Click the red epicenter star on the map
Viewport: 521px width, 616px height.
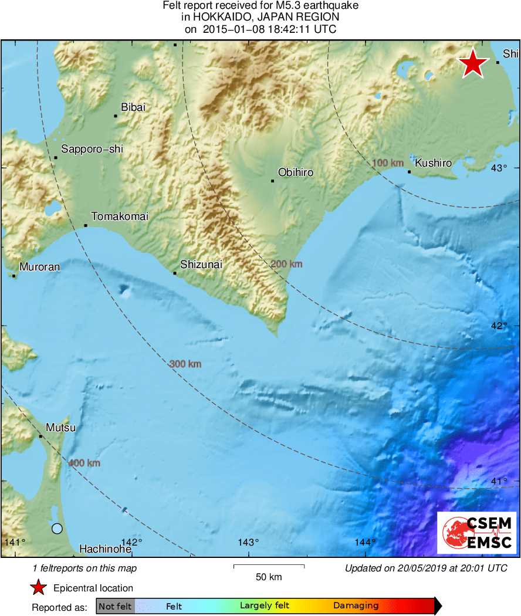tap(472, 64)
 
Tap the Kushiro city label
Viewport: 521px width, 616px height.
tap(433, 163)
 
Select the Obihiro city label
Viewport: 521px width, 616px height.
tap(295, 172)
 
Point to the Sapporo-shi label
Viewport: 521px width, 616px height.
tap(92, 150)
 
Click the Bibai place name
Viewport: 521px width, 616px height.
tap(133, 107)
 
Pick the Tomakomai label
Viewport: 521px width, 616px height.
tap(120, 216)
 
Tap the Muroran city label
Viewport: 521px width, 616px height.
tap(40, 267)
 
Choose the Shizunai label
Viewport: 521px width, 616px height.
tap(201, 265)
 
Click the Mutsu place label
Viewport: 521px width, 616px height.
tap(61, 428)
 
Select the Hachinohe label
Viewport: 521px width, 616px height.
tap(105, 549)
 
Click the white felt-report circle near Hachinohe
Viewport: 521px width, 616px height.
tap(57, 529)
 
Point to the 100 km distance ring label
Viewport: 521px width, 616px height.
tap(388, 163)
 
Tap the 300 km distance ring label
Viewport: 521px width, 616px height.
tap(185, 364)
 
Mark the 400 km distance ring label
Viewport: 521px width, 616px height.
tap(84, 463)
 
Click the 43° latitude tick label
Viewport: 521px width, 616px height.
tap(499, 168)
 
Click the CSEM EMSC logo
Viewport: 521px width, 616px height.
tap(477, 533)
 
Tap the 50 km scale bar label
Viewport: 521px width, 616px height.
tap(269, 577)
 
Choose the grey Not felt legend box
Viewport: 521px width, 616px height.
tap(116, 606)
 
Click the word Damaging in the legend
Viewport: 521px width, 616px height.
tap(356, 606)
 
